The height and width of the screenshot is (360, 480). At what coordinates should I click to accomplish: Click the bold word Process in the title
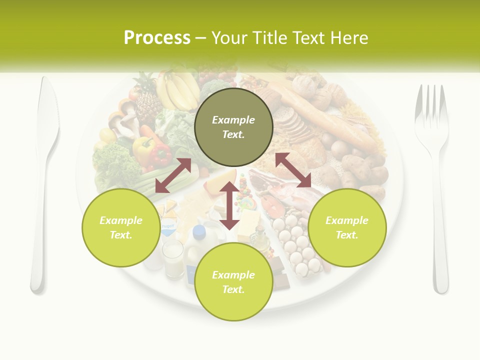tap(157, 38)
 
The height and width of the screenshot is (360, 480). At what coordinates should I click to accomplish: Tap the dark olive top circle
tap(233, 127)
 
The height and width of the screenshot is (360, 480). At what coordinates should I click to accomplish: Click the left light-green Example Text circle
tap(121, 227)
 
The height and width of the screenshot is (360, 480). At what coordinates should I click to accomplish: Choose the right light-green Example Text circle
tap(347, 227)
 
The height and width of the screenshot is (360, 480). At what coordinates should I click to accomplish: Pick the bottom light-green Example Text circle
tap(233, 282)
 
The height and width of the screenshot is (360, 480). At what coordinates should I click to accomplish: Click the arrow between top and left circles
tap(173, 175)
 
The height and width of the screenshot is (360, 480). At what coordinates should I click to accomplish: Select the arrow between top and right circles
tap(293, 170)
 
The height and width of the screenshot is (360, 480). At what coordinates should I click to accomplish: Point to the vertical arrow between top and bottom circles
tap(229, 205)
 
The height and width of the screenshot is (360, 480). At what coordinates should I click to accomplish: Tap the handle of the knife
tap(38, 250)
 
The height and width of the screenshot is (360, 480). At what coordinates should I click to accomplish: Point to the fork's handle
tap(440, 240)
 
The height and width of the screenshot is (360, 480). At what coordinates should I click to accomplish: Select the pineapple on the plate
tap(148, 100)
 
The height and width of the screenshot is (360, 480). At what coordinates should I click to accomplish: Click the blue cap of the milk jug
tap(199, 231)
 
